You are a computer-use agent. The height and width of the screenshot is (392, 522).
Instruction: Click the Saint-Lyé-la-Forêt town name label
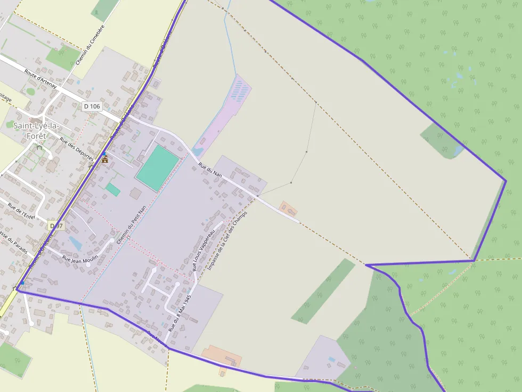click(x=36, y=130)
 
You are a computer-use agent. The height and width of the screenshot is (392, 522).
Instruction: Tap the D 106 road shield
click(x=92, y=106)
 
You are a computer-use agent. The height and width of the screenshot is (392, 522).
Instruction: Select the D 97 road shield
click(x=56, y=226)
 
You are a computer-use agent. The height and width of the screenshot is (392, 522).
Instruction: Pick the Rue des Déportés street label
click(x=77, y=149)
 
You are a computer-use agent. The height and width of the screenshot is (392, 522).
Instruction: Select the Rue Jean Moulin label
click(x=80, y=257)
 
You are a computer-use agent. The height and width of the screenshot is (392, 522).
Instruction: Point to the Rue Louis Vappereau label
click(x=203, y=249)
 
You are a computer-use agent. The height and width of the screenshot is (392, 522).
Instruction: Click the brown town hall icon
click(x=104, y=159)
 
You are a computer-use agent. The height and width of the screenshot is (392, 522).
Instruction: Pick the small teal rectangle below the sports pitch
click(x=113, y=189)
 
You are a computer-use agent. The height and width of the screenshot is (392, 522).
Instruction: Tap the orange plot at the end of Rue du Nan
click(x=289, y=208)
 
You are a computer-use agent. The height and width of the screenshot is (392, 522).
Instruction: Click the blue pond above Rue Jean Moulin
click(x=75, y=244)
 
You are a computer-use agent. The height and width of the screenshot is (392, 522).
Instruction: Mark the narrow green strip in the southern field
click(x=323, y=291)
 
